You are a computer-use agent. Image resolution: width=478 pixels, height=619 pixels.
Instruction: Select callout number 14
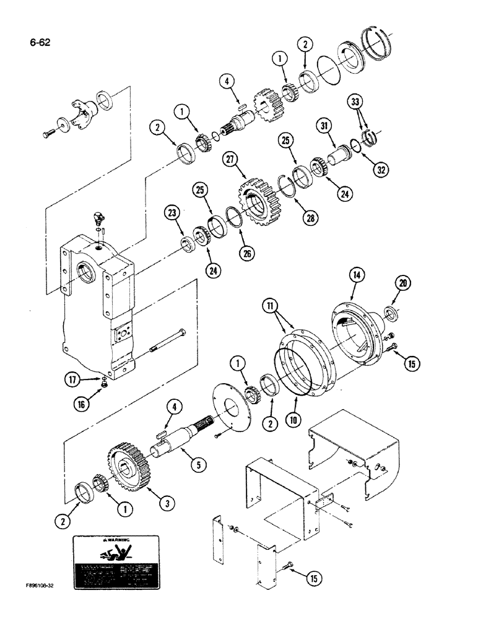point(356,272)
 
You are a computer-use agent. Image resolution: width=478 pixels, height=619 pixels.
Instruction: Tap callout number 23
point(173,214)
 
